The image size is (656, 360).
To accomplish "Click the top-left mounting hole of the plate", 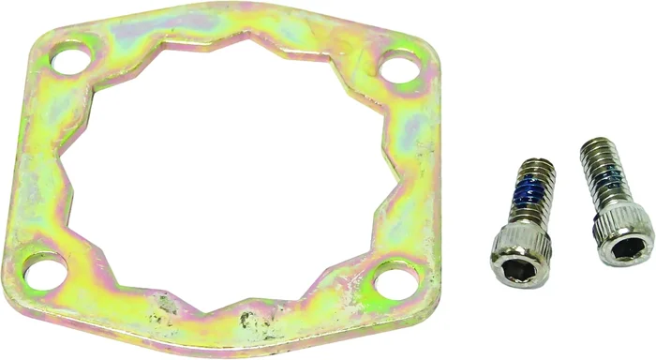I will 69,59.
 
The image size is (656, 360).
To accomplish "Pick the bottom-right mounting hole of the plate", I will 395,280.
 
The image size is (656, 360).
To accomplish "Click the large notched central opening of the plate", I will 230,173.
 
